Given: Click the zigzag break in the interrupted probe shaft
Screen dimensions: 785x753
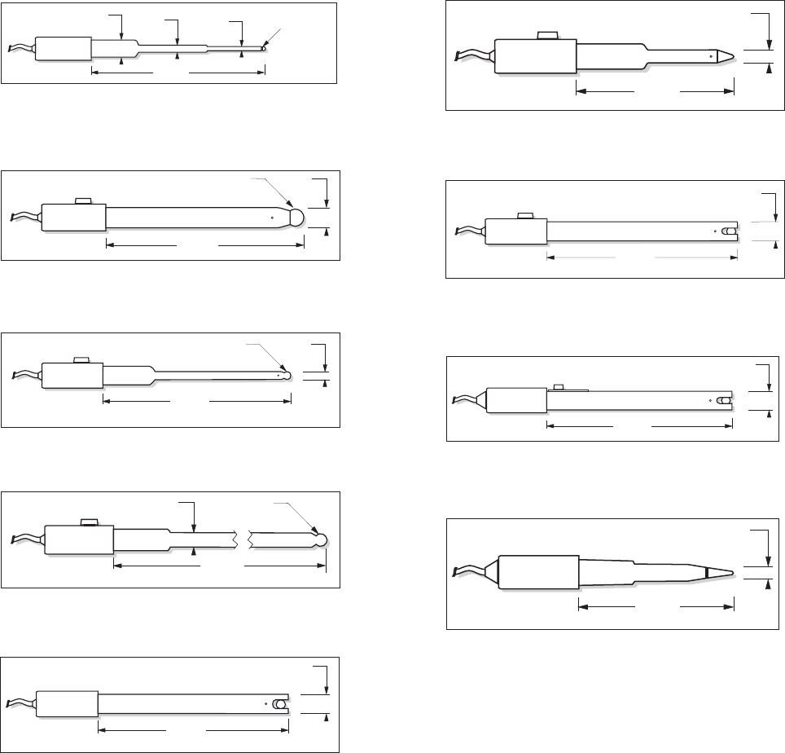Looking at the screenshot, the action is [243, 539].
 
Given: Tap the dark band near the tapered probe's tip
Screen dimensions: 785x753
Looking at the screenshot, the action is [706, 573].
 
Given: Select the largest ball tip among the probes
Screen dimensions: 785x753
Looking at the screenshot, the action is [296, 217].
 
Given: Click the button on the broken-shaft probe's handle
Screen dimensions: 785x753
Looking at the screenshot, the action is [88, 522].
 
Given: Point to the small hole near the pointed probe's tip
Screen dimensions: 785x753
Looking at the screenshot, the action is [712, 56].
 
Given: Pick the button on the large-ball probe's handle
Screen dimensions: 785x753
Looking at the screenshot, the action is [81, 200].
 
